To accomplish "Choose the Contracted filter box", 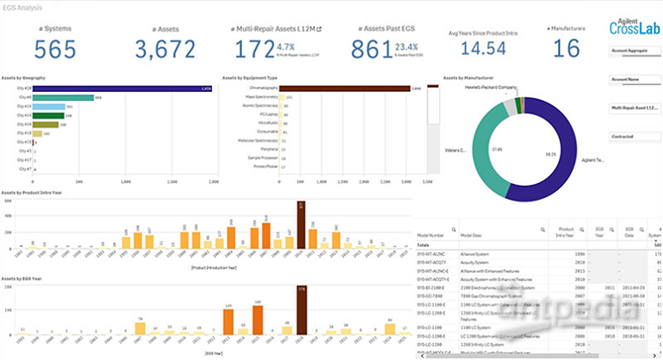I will pyautogui.click(x=623, y=137).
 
